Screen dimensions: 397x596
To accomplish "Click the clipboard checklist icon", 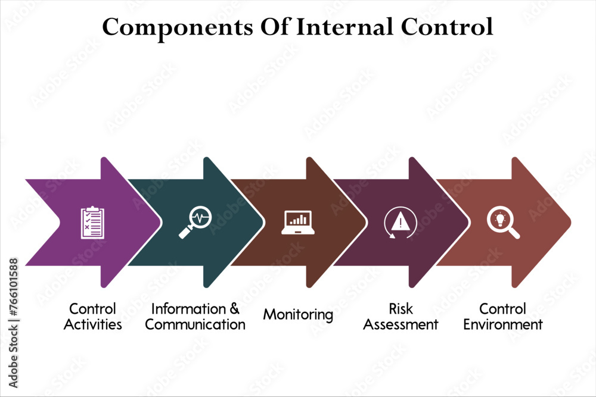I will pyautogui.click(x=92, y=223).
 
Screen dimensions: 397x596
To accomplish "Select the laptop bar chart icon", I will pyautogui.click(x=298, y=222).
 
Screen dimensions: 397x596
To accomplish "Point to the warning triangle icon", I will pyautogui.click(x=401, y=223).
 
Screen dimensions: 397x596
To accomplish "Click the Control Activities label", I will pyautogui.click(x=92, y=317).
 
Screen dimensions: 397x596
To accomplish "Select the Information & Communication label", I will pyautogui.click(x=195, y=317).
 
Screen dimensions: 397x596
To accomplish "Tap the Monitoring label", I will pyautogui.click(x=298, y=314).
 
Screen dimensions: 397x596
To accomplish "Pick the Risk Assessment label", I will pyautogui.click(x=401, y=317).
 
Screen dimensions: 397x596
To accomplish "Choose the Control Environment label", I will pyautogui.click(x=503, y=317).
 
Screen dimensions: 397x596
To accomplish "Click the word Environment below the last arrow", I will pyautogui.click(x=503, y=324).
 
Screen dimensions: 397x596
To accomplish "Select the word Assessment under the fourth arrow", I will pyautogui.click(x=401, y=324).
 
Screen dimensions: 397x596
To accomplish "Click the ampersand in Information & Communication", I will pyautogui.click(x=234, y=309).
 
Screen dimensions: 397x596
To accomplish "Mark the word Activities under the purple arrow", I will pyautogui.click(x=92, y=324).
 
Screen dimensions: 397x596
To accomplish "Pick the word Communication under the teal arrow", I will pyautogui.click(x=195, y=324).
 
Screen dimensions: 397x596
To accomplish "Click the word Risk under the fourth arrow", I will pyautogui.click(x=401, y=309).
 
